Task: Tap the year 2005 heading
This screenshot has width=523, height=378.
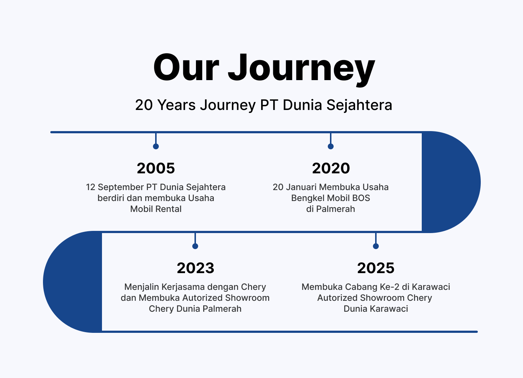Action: click(x=156, y=168)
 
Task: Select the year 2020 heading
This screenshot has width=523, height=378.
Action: click(x=331, y=168)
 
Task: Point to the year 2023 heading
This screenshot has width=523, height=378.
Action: click(x=196, y=268)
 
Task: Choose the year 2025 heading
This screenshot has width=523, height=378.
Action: click(x=375, y=268)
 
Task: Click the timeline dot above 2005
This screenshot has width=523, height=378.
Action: click(x=156, y=146)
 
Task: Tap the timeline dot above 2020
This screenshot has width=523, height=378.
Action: click(x=331, y=146)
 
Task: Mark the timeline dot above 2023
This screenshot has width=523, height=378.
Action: click(x=195, y=246)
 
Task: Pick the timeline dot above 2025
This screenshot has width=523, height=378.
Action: click(x=375, y=246)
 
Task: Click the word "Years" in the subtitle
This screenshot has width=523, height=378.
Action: click(x=176, y=105)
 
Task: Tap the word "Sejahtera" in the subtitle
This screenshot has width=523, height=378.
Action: click(x=359, y=105)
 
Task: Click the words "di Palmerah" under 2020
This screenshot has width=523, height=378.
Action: click(x=331, y=209)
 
